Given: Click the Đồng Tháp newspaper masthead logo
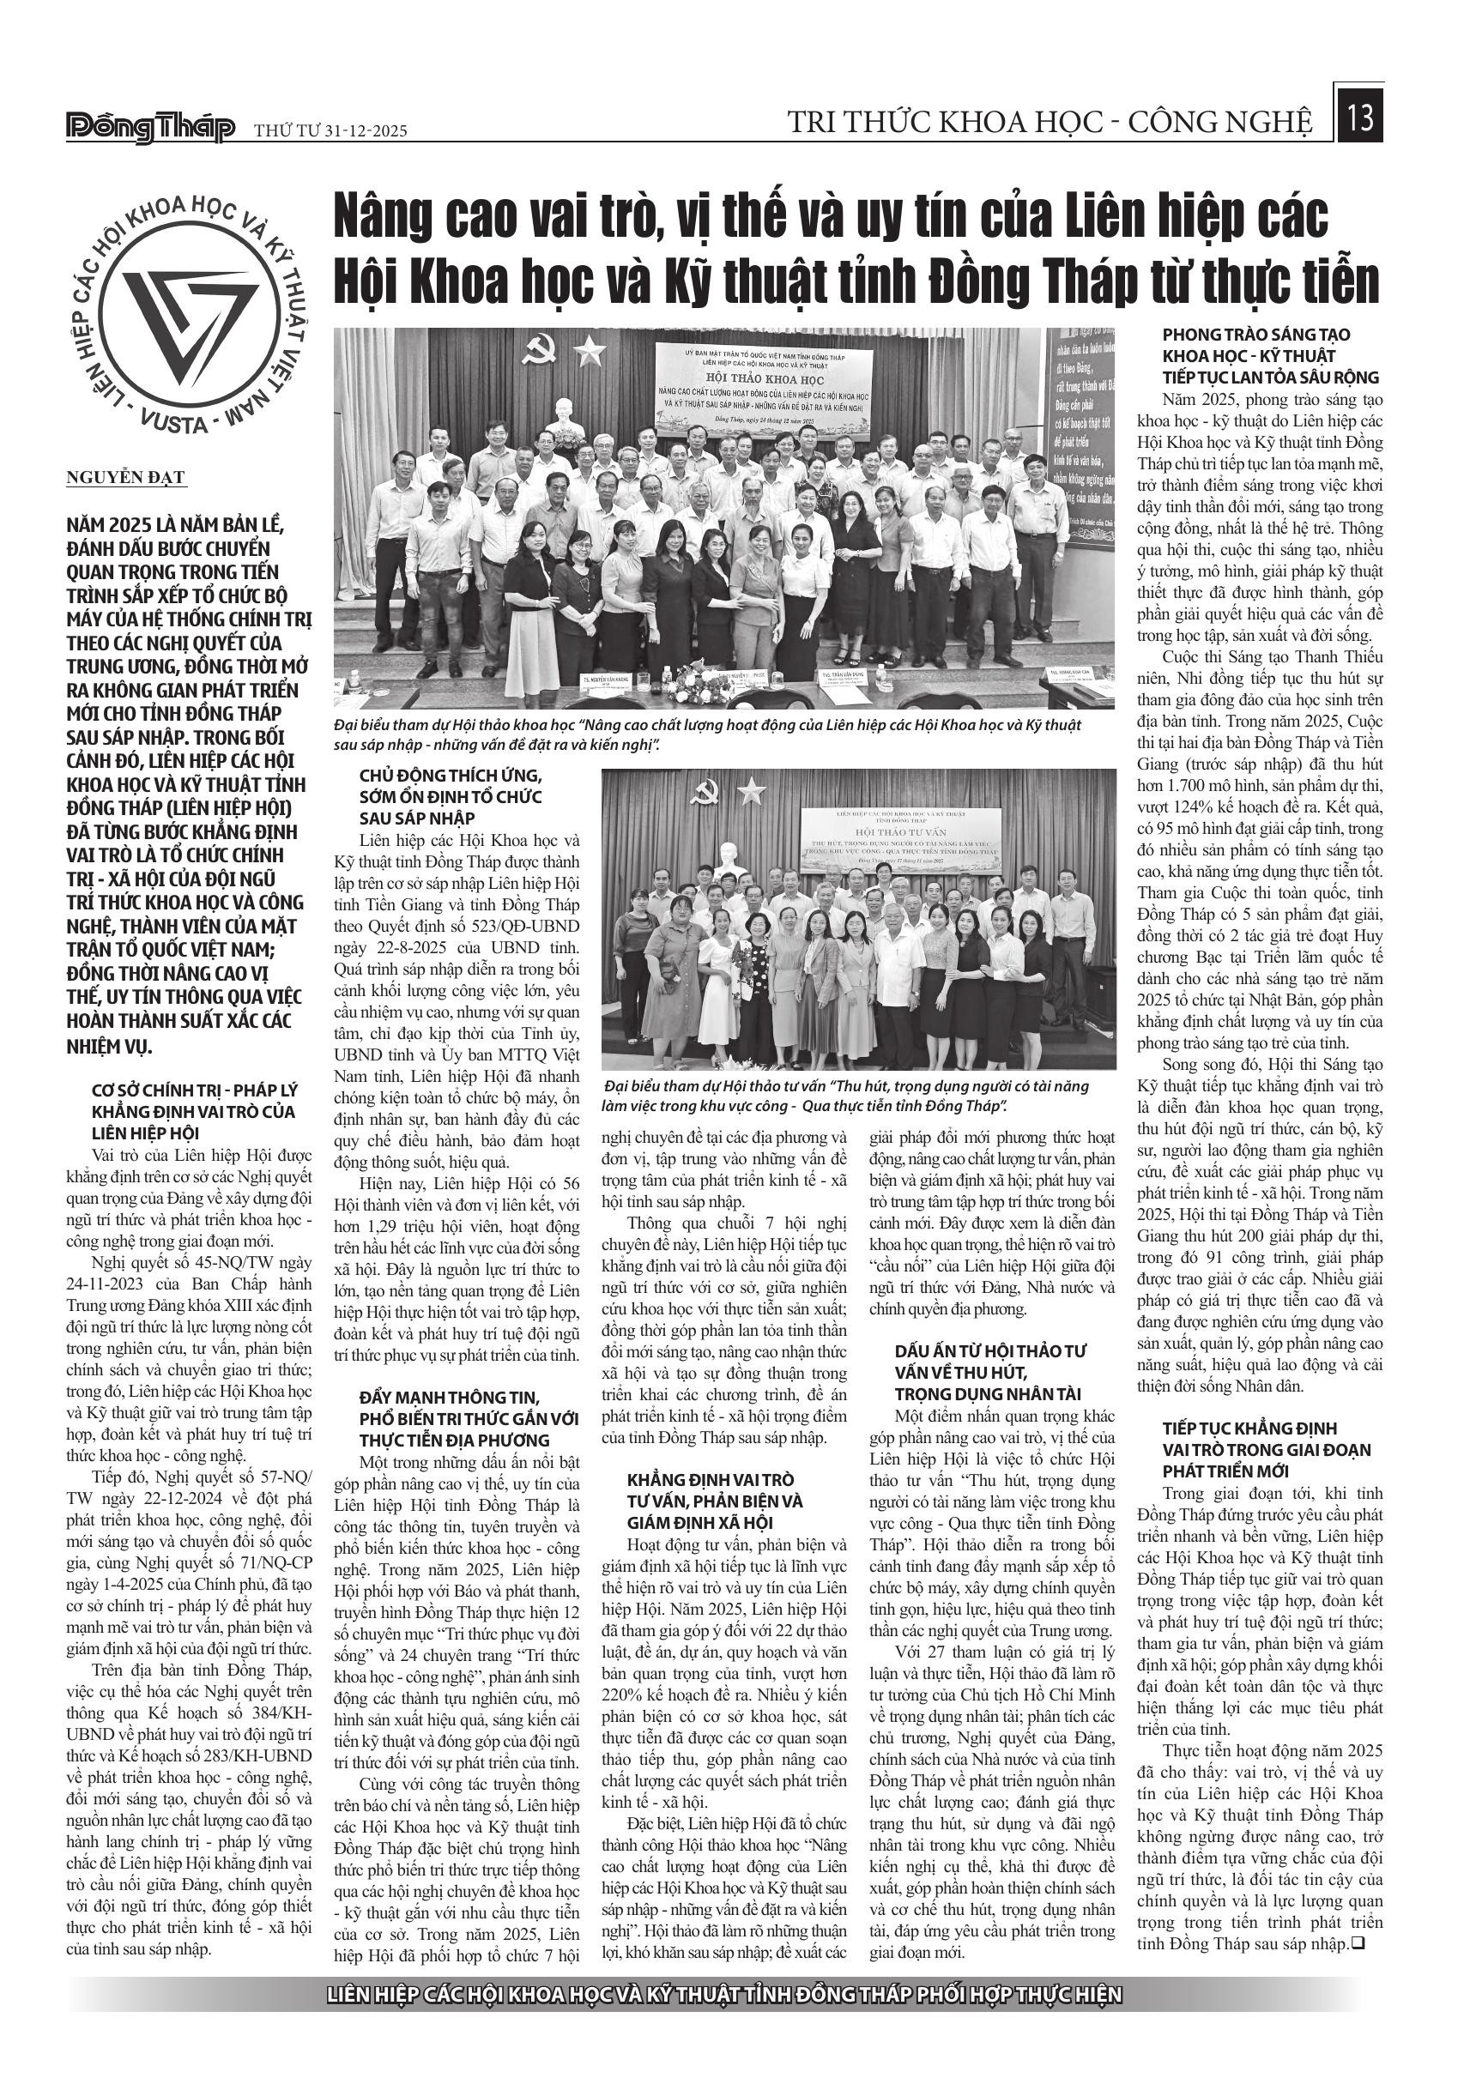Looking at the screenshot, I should (150, 128).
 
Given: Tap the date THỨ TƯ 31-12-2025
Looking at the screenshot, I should (330, 131).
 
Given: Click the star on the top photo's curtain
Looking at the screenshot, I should (593, 347).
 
